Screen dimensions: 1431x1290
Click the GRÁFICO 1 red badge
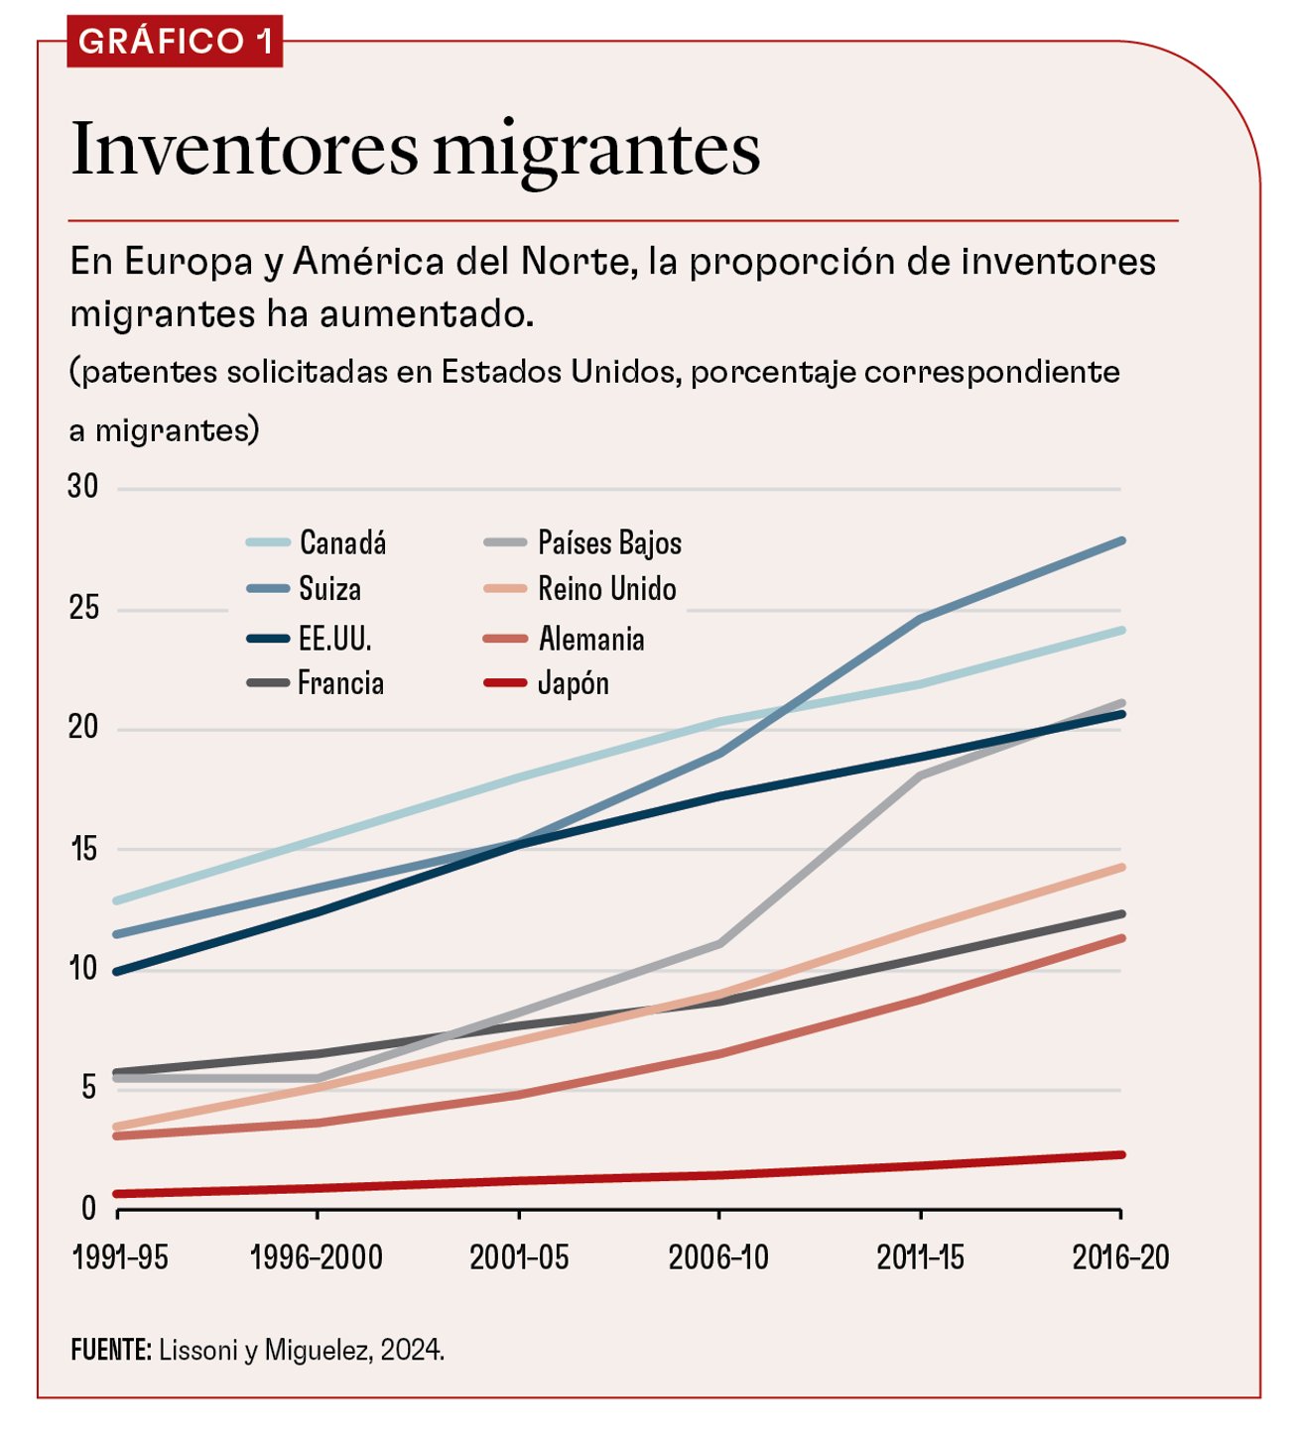[175, 42]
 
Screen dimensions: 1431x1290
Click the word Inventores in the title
[244, 149]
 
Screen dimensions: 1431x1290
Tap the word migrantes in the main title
[596, 151]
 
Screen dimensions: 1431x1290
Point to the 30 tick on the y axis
[83, 486]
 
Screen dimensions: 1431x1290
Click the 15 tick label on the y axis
[83, 849]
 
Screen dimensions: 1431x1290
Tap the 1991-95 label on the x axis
[120, 1257]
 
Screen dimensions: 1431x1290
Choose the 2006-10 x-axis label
[718, 1257]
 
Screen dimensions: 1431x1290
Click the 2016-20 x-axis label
[1120, 1257]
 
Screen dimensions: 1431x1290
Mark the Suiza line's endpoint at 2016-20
[1121, 540]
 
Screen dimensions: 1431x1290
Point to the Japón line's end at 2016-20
[1121, 1154]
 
